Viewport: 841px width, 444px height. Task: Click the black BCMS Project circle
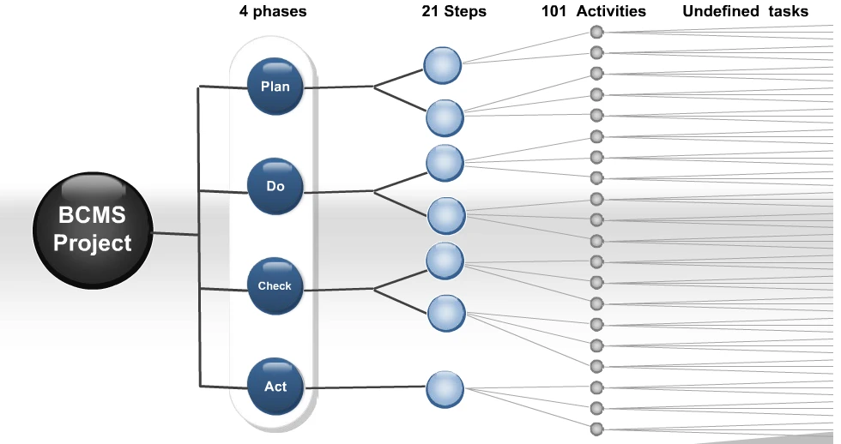(x=93, y=231)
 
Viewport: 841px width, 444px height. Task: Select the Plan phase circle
(x=275, y=87)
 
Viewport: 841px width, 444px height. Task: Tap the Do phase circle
(x=275, y=186)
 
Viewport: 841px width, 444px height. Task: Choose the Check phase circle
(x=275, y=286)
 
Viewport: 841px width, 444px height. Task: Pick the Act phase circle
(x=275, y=387)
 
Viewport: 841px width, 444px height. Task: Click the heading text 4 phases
(x=273, y=12)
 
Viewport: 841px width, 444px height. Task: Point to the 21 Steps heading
(x=454, y=12)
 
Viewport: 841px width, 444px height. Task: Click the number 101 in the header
(x=554, y=11)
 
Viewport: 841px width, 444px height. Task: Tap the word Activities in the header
(x=611, y=11)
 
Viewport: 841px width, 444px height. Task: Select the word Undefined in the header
(x=720, y=11)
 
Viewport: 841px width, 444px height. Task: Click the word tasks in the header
(x=788, y=11)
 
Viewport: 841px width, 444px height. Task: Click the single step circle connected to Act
(x=445, y=389)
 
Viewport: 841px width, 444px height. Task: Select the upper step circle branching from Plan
(x=442, y=65)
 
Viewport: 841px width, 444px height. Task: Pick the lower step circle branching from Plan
(x=445, y=117)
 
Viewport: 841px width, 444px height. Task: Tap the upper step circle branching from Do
(x=445, y=163)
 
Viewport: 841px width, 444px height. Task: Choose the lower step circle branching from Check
(x=446, y=313)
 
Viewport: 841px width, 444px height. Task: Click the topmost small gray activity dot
(x=596, y=32)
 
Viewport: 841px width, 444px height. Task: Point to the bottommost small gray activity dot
(x=596, y=429)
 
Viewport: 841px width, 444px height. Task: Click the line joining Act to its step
(x=365, y=387)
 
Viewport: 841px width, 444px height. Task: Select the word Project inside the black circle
(x=93, y=243)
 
